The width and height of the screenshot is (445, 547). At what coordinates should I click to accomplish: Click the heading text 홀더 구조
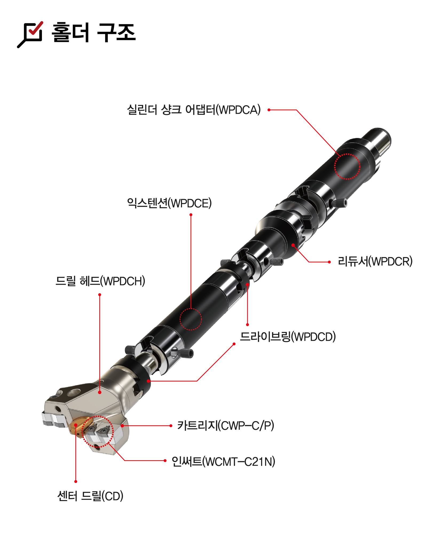93,33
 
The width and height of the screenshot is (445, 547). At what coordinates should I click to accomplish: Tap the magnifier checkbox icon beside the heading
30,34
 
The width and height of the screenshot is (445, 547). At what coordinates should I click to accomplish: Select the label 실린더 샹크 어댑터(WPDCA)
194,110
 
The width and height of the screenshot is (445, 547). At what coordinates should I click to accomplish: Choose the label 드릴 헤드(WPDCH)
100,281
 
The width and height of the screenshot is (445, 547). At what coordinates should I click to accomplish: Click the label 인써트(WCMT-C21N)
223,461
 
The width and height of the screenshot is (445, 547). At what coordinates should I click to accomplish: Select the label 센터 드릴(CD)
90,496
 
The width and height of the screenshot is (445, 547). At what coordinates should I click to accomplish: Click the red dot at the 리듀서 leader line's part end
293,244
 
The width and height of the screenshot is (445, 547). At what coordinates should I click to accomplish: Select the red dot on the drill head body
100,392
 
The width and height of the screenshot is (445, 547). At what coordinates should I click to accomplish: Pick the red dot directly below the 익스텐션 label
191,214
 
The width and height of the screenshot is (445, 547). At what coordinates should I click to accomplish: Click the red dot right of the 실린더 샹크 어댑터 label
269,110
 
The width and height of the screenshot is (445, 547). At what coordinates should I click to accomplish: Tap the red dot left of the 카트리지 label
171,426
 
